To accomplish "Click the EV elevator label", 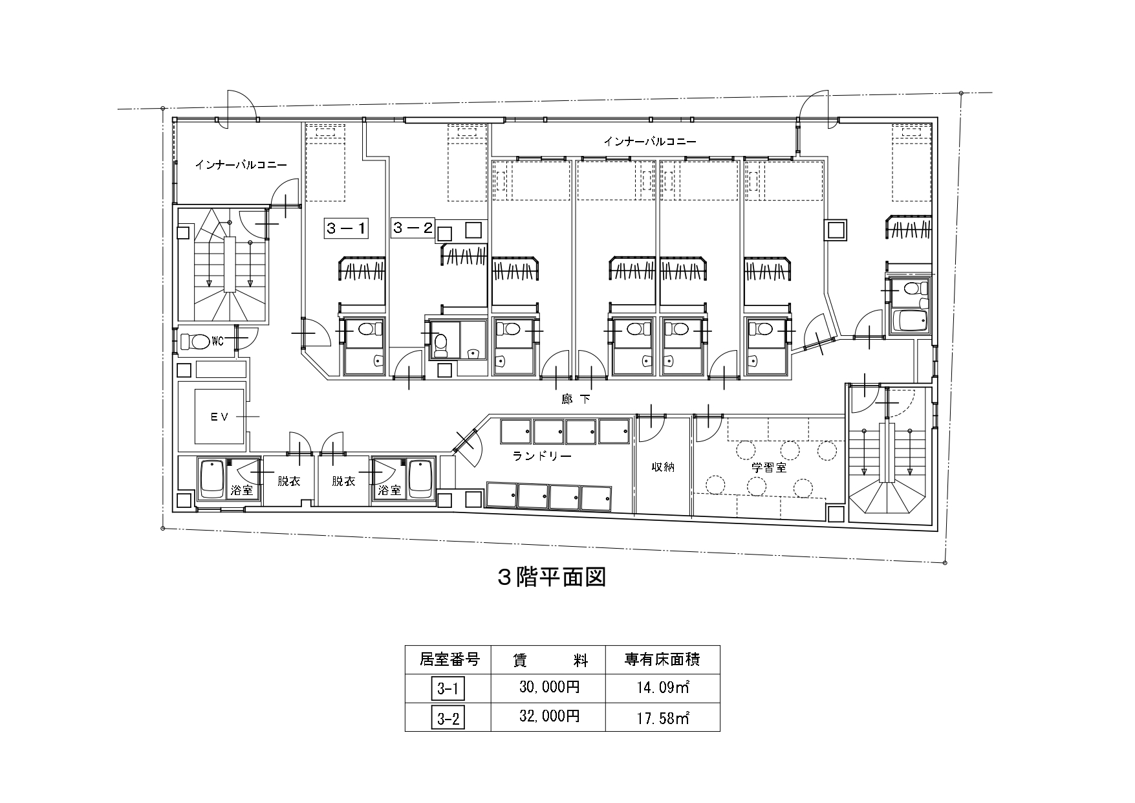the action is [x=220, y=417].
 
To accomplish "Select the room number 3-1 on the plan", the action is [x=346, y=228].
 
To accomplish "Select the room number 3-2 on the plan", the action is [x=413, y=228].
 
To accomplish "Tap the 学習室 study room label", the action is [x=769, y=467].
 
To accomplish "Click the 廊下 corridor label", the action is [x=576, y=399].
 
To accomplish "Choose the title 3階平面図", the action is [x=551, y=577].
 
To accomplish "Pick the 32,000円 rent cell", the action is [x=549, y=716].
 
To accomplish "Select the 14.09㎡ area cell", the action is [x=663, y=688].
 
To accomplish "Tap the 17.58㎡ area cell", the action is [x=663, y=716].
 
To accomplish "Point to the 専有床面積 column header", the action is [x=663, y=660].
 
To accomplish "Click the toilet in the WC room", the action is [x=195, y=340].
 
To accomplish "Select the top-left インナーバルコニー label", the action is [x=241, y=165].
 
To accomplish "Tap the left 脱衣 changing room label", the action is [x=289, y=481].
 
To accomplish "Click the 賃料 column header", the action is [x=549, y=660].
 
